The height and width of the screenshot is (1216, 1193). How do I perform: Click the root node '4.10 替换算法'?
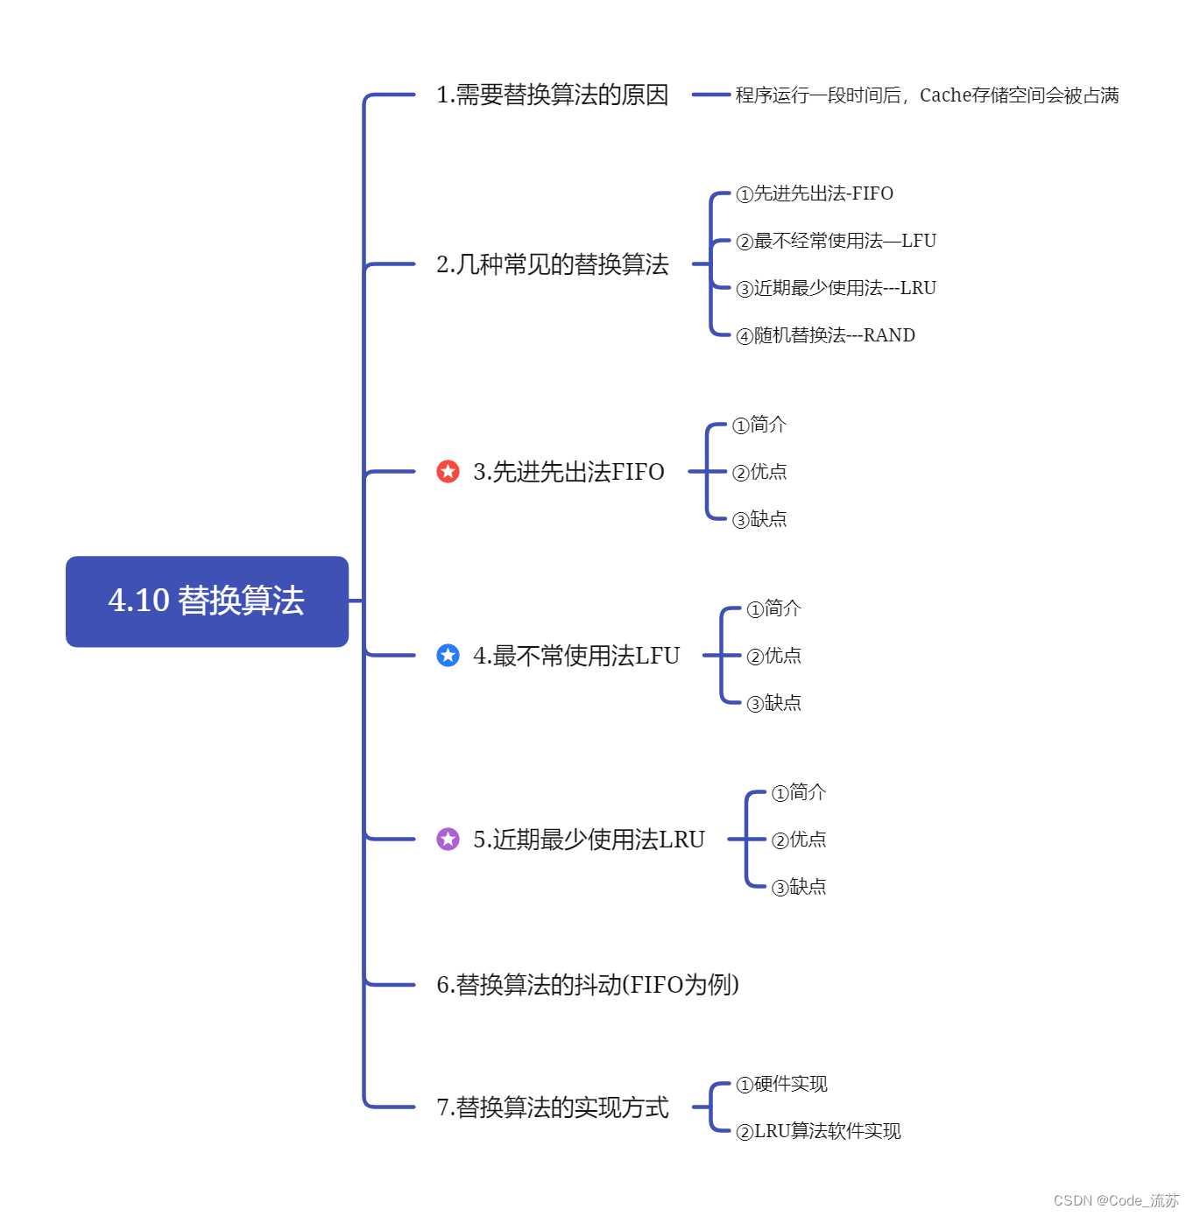(x=207, y=601)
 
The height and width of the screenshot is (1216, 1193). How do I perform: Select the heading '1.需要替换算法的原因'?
(x=552, y=95)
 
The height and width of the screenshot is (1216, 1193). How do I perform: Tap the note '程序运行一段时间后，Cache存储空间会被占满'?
(x=927, y=95)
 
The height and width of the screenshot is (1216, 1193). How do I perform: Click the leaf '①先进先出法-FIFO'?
(x=815, y=193)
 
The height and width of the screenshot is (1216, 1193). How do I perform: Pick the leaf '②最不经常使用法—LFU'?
(x=836, y=241)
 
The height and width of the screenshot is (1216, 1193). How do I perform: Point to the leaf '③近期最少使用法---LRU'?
(x=836, y=288)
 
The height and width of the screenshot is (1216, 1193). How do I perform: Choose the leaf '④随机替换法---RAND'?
(x=825, y=335)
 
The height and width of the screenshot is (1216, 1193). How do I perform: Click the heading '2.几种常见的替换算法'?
(x=552, y=264)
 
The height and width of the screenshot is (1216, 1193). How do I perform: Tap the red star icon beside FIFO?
(x=448, y=472)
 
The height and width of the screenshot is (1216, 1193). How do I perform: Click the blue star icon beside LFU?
(x=448, y=656)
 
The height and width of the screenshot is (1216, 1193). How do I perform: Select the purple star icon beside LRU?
(x=448, y=840)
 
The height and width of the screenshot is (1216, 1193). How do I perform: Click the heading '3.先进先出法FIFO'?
(x=568, y=472)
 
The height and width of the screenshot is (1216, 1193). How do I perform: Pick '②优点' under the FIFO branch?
(x=759, y=472)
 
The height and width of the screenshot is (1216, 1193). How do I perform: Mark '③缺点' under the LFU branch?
(x=773, y=703)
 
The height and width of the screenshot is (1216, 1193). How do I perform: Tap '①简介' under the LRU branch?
(x=798, y=792)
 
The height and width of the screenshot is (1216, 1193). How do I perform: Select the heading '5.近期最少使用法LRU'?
(x=589, y=840)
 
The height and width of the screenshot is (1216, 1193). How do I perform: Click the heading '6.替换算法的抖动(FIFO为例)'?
(x=587, y=985)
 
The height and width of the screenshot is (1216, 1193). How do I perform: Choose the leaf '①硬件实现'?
(x=781, y=1085)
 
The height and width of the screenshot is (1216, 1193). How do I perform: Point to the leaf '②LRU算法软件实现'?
(x=818, y=1132)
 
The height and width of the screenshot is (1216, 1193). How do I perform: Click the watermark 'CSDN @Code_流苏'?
(x=1116, y=1200)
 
